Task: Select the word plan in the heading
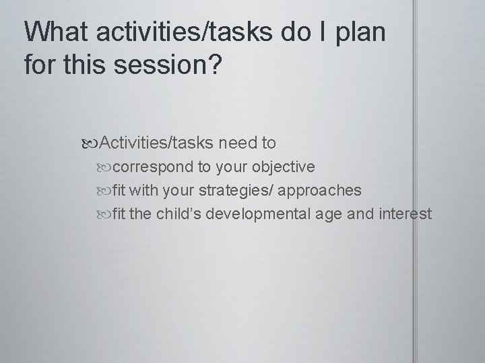click(360, 32)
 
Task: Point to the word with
click(145, 191)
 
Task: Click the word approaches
click(321, 191)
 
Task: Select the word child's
click(179, 214)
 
